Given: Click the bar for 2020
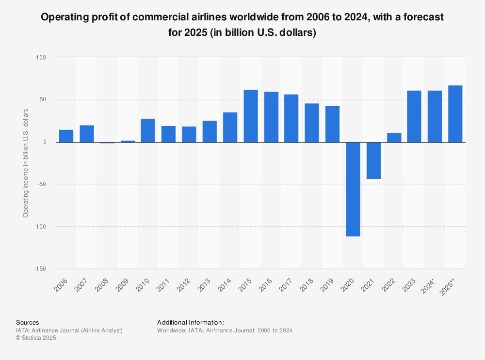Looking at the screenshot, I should click(353, 189).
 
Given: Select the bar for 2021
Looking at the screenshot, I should click(373, 160).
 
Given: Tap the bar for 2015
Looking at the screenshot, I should click(251, 116).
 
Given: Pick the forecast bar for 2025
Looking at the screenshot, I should click(455, 114).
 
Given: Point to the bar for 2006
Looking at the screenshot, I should click(66, 136).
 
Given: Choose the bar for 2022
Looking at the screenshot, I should click(394, 137).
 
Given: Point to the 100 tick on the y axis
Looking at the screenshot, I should click(40, 57).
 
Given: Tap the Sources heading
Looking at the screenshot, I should click(28, 322).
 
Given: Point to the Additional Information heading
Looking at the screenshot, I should click(190, 322).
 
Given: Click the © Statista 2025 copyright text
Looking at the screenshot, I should click(36, 338).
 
